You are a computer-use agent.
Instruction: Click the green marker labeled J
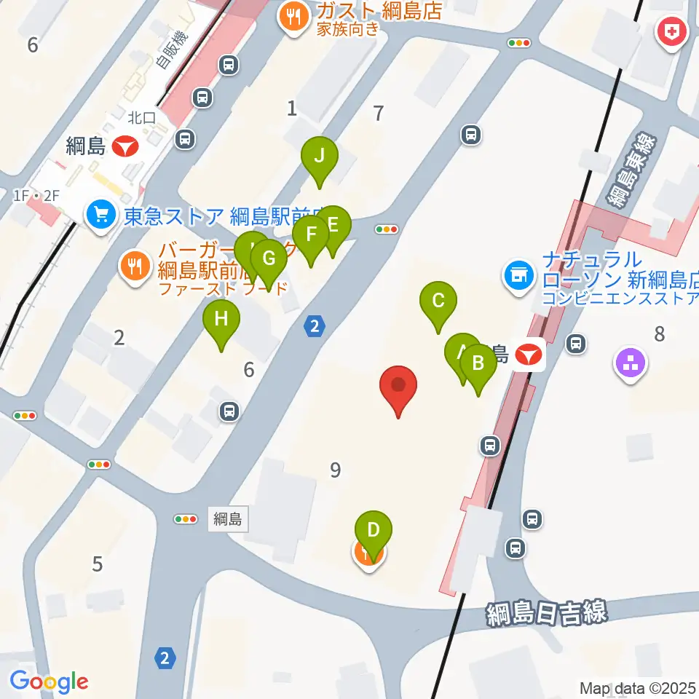[319, 156]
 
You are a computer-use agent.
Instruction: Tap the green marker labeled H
[221, 320]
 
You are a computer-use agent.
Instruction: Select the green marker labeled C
[438, 301]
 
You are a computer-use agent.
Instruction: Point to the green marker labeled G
[269, 258]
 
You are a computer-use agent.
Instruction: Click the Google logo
[49, 681]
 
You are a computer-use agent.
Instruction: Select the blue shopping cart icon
[100, 216]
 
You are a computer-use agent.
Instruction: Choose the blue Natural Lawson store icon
[518, 276]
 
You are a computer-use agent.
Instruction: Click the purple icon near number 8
[631, 365]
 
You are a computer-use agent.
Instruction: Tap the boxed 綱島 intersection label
[228, 519]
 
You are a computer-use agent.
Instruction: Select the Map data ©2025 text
[639, 687]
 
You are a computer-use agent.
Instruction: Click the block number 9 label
[335, 470]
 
